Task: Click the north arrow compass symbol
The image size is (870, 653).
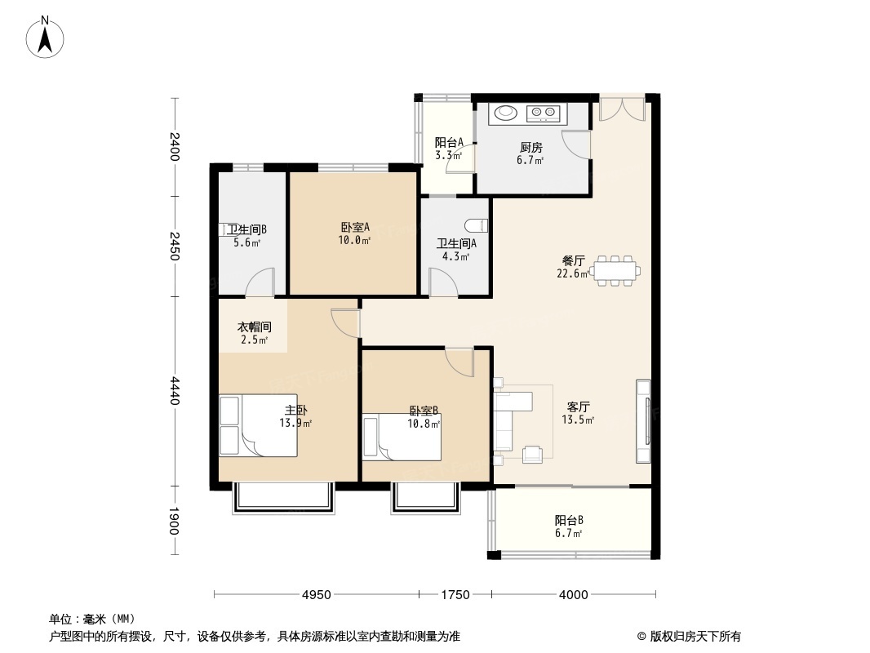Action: click(47, 37)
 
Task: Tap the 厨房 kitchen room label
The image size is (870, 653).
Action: click(531, 148)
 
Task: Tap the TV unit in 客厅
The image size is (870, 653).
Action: click(644, 421)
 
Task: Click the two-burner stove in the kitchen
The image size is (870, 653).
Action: click(544, 113)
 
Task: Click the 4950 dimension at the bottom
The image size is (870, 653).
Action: click(316, 595)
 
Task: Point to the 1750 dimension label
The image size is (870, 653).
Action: click(455, 595)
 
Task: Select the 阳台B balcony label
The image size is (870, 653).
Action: click(569, 520)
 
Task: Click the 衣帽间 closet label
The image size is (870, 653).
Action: click(254, 326)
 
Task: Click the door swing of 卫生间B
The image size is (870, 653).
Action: click(261, 282)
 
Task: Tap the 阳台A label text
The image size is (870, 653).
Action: click(449, 141)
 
